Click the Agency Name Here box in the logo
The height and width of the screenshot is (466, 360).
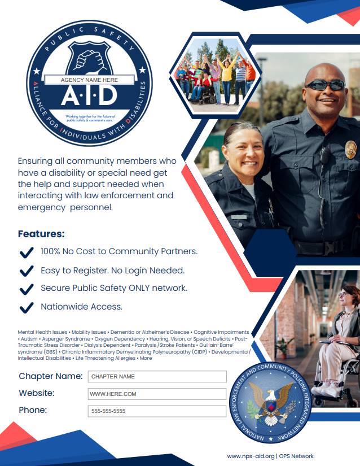(x=89, y=80)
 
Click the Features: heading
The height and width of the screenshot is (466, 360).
(x=41, y=233)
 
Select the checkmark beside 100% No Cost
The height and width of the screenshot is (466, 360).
(x=26, y=252)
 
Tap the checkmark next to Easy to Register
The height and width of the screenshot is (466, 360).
(x=26, y=271)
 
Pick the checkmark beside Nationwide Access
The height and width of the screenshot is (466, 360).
(x=26, y=307)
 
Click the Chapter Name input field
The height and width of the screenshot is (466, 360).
(x=157, y=376)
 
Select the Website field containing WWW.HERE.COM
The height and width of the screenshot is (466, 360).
(x=157, y=394)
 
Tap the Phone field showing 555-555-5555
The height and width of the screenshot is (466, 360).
(x=157, y=411)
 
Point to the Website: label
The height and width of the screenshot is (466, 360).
(x=37, y=393)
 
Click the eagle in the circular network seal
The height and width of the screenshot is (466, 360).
(x=273, y=399)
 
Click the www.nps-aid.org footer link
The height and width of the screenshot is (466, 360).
(x=251, y=456)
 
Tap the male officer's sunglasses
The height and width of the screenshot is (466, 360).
(x=325, y=85)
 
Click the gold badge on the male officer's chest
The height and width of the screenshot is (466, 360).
(x=350, y=149)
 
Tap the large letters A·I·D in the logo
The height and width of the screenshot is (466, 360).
(x=89, y=95)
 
